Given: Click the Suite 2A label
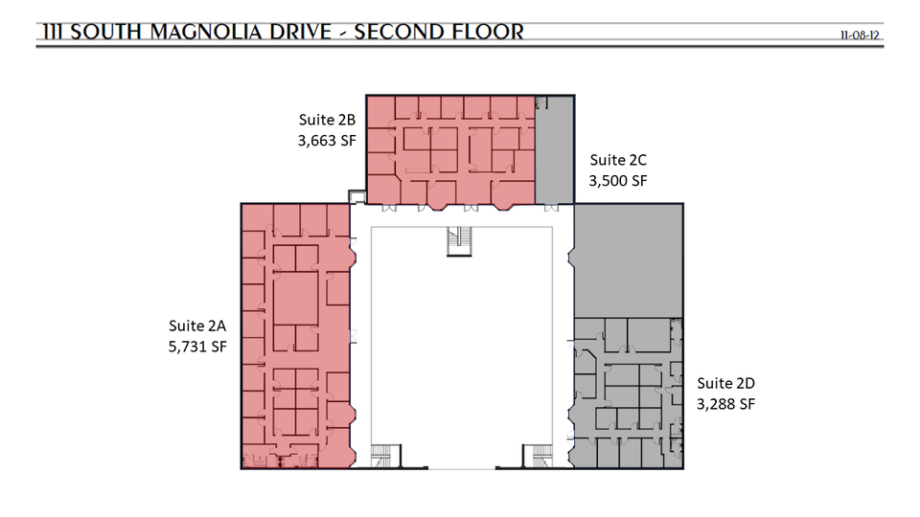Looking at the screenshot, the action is tap(197, 326).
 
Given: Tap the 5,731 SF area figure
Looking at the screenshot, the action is tap(197, 347).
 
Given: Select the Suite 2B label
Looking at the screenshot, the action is tap(327, 120).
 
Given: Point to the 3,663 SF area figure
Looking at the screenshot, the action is tap(327, 141).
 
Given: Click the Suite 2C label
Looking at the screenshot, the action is tap(618, 160).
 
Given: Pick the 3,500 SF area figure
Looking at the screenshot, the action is tap(618, 181).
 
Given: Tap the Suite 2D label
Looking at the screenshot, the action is tap(725, 383).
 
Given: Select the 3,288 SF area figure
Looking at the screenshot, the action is tap(725, 404).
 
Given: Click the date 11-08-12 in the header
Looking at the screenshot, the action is tap(860, 35).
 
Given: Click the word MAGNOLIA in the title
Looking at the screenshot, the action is tap(205, 32).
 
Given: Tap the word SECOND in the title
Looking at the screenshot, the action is tap(393, 32).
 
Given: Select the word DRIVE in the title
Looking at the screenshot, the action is tap(300, 32).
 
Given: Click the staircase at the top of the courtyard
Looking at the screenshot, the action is tap(459, 241).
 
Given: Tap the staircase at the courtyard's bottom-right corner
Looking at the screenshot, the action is tap(538, 456).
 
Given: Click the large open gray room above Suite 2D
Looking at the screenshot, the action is tap(629, 260).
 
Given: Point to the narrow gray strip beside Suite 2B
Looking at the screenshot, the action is tap(555, 150).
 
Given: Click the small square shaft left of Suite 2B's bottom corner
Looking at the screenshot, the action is tap(356, 196).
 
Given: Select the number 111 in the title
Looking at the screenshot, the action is tap(53, 32).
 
